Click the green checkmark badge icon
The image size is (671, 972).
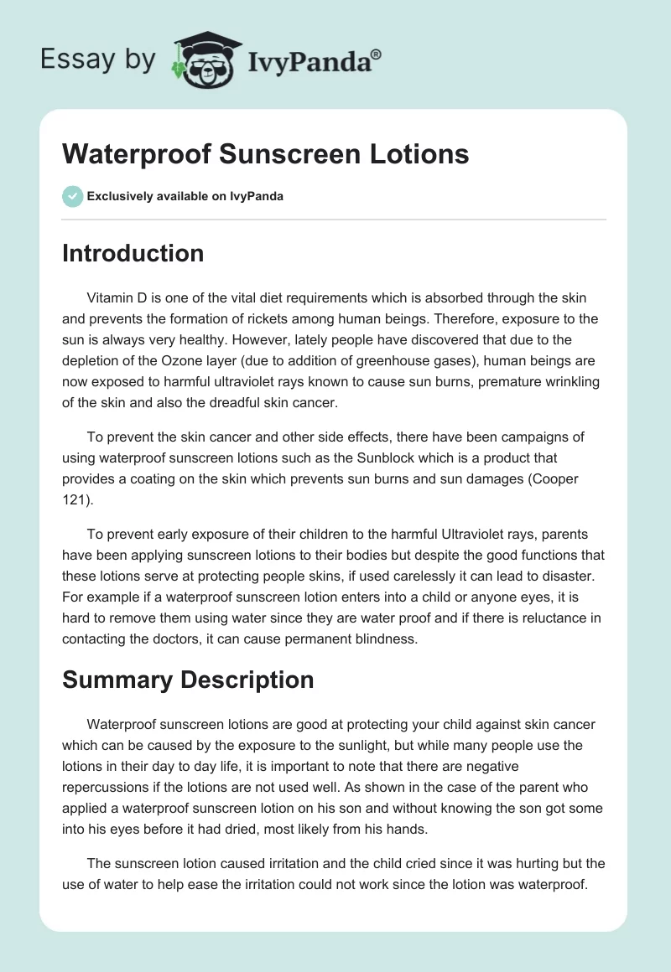pos(72,196)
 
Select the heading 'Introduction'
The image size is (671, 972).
pos(133,253)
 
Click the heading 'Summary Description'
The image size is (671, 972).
pos(188,680)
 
